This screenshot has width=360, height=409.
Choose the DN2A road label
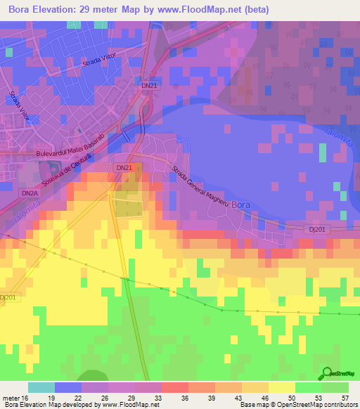pyautogui.click(x=29, y=193)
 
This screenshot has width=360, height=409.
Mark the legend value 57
pyautogui.click(x=344, y=398)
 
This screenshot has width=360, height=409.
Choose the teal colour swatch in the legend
pyautogui.click(x=41, y=387)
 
